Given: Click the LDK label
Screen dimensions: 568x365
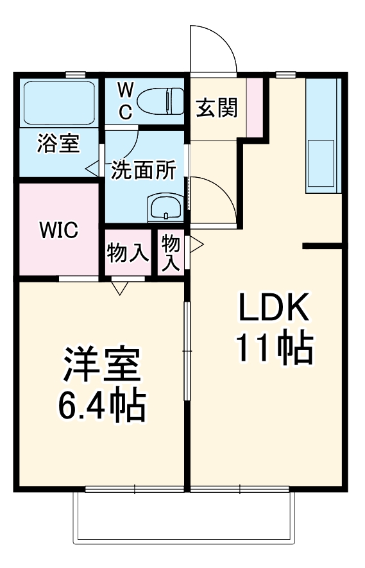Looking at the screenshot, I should click(274, 309).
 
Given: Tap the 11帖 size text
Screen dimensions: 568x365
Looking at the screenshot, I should click(274, 349).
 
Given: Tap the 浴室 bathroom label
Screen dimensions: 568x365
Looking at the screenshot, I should click(58, 143).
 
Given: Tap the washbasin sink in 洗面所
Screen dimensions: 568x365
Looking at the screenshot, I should click(166, 209).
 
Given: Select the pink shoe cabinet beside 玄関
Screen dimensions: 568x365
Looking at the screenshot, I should click(255, 107).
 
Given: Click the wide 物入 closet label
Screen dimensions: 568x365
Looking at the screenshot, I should click(128, 254).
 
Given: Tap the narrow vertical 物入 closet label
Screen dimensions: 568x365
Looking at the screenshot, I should click(171, 252).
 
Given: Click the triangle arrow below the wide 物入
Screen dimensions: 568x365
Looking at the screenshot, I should click(119, 289).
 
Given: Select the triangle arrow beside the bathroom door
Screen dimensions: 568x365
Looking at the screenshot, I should click(92, 169).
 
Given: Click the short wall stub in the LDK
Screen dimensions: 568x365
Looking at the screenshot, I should click(323, 245).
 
